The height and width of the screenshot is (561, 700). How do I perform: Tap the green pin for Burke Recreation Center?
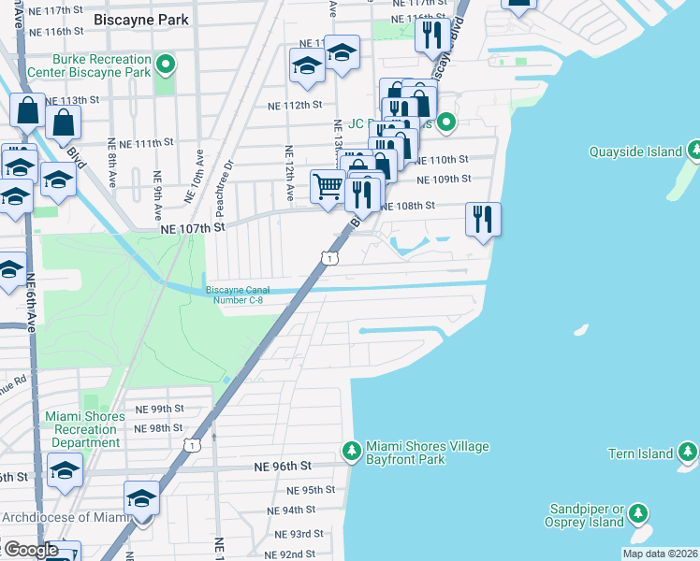(x=166, y=65)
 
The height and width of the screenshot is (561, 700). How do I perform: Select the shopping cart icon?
(x=327, y=185)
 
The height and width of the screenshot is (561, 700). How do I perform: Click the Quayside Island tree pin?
(x=694, y=151)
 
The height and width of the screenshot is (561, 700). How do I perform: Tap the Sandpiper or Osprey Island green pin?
(x=638, y=513)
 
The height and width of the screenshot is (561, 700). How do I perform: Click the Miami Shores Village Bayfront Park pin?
(x=352, y=451)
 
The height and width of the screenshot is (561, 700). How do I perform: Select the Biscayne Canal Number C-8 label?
(x=244, y=295)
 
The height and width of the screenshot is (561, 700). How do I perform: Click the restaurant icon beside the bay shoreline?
(x=483, y=219)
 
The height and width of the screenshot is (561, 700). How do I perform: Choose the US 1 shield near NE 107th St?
(x=329, y=257)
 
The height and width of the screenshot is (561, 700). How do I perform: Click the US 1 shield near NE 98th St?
(x=193, y=446)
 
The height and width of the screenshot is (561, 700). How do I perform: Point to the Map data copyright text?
(x=660, y=554)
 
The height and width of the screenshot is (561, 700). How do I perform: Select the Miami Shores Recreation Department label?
(x=85, y=429)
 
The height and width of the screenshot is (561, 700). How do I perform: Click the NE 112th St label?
(x=297, y=105)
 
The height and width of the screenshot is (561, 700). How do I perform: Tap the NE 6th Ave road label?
(x=31, y=295)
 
